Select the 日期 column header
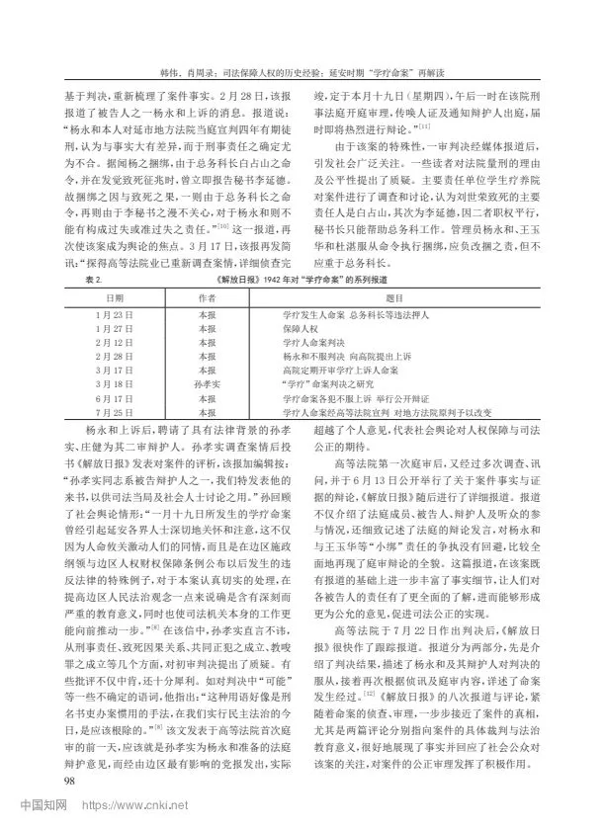(x=116, y=295)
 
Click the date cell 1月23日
(x=116, y=312)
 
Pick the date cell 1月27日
(x=116, y=326)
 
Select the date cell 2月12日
(x=116, y=341)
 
